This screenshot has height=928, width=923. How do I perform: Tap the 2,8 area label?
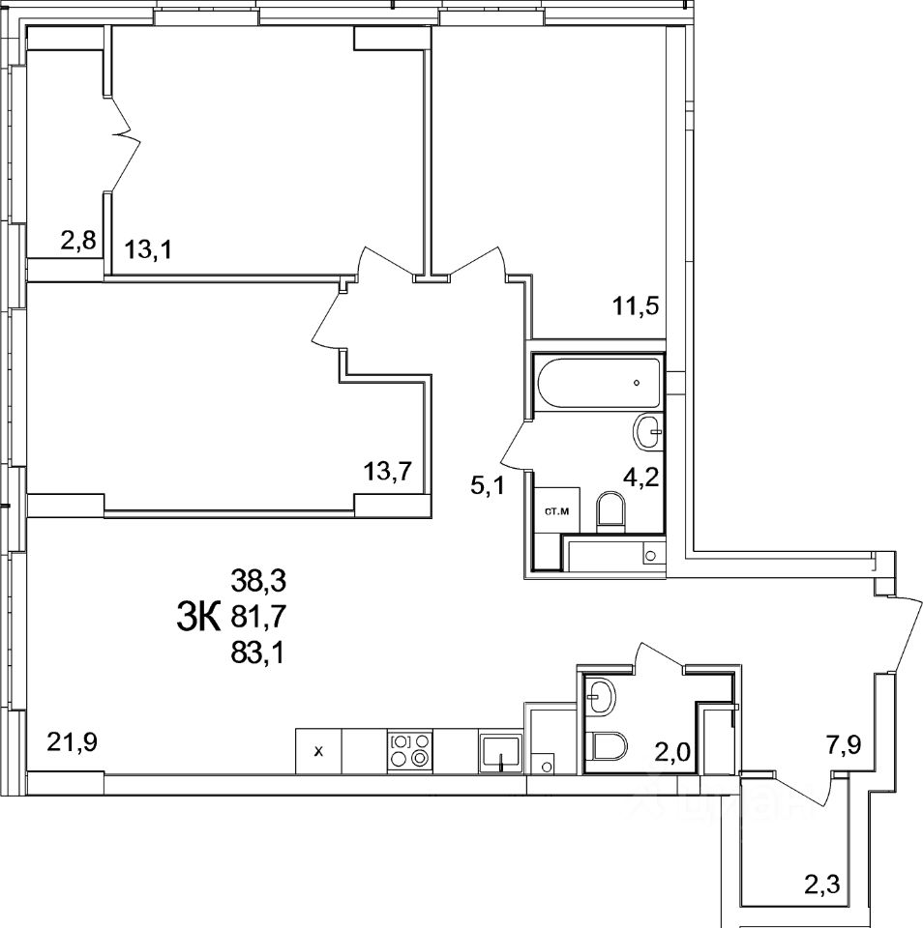[x=77, y=241]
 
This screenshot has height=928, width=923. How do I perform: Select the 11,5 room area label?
[x=635, y=308]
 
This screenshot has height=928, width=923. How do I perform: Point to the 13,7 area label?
[x=388, y=472]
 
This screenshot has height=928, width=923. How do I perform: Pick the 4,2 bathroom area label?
[x=640, y=478]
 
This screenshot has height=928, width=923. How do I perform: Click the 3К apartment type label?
[x=199, y=615]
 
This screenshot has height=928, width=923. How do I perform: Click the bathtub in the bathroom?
[x=597, y=383]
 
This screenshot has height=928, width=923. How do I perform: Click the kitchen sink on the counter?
[x=500, y=752]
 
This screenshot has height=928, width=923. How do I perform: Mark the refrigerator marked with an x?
[x=318, y=750]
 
